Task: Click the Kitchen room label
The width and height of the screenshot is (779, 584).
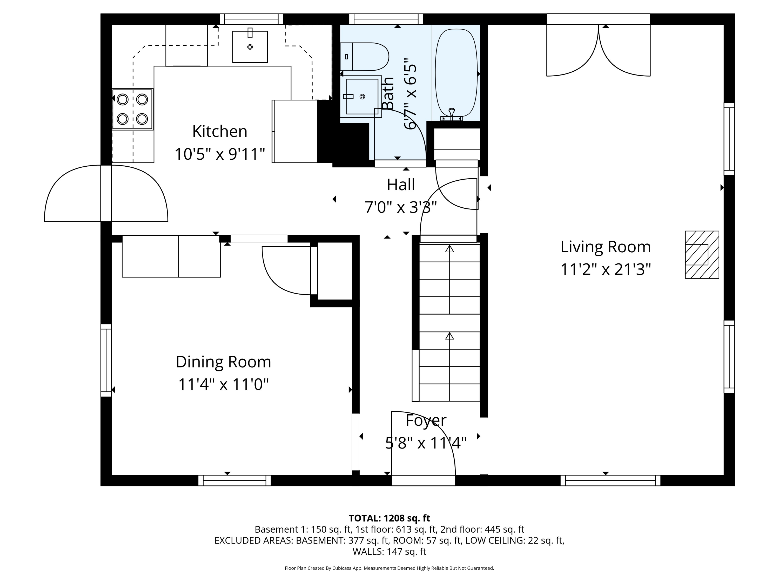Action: (220, 131)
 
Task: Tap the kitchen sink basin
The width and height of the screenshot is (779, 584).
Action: (250, 47)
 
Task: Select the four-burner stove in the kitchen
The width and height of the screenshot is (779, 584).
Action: (133, 109)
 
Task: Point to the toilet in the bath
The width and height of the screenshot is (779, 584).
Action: (365, 57)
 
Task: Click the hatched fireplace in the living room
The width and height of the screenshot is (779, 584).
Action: (702, 255)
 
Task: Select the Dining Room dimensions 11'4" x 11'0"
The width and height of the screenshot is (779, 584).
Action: (223, 384)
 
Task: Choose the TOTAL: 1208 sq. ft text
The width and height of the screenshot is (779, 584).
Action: (389, 518)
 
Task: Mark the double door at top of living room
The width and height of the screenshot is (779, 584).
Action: (598, 45)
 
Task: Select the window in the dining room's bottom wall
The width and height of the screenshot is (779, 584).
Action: (234, 480)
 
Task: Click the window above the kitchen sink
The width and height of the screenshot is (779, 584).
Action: (251, 19)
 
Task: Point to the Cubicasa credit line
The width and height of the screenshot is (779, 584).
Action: (389, 568)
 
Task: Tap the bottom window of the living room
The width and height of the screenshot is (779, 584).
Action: (610, 480)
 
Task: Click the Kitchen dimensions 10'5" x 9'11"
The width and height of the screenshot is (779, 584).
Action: (220, 154)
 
